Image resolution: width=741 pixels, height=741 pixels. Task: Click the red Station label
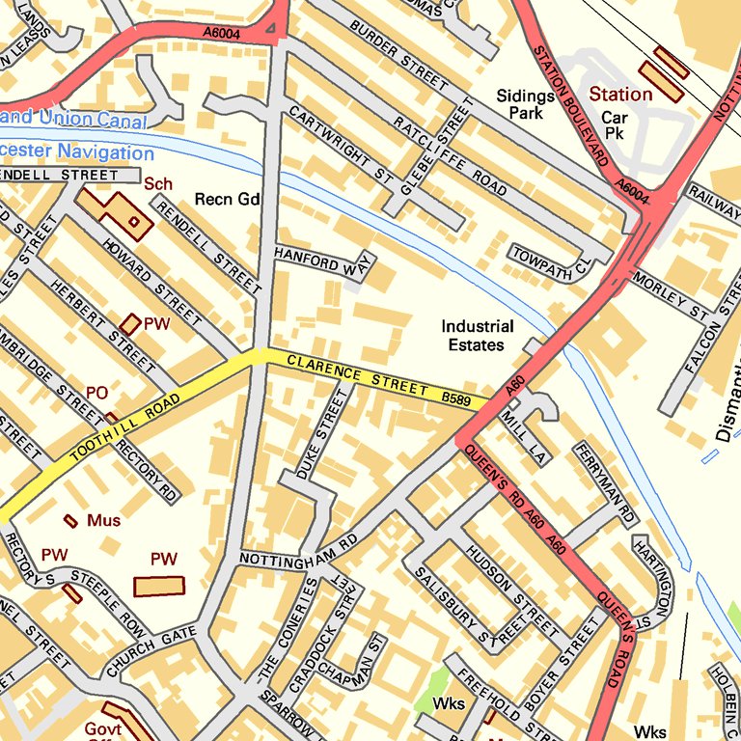click(620, 95)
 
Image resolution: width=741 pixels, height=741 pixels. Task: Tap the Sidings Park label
click(526, 104)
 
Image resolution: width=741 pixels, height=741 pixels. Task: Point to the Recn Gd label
click(228, 200)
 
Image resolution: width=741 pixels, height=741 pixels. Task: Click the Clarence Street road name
click(357, 375)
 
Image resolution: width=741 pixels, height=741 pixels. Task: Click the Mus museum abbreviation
click(104, 521)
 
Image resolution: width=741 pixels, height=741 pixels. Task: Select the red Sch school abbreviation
click(158, 182)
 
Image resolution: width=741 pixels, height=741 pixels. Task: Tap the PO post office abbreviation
click(96, 393)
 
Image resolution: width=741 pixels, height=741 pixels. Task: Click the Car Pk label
click(615, 124)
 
